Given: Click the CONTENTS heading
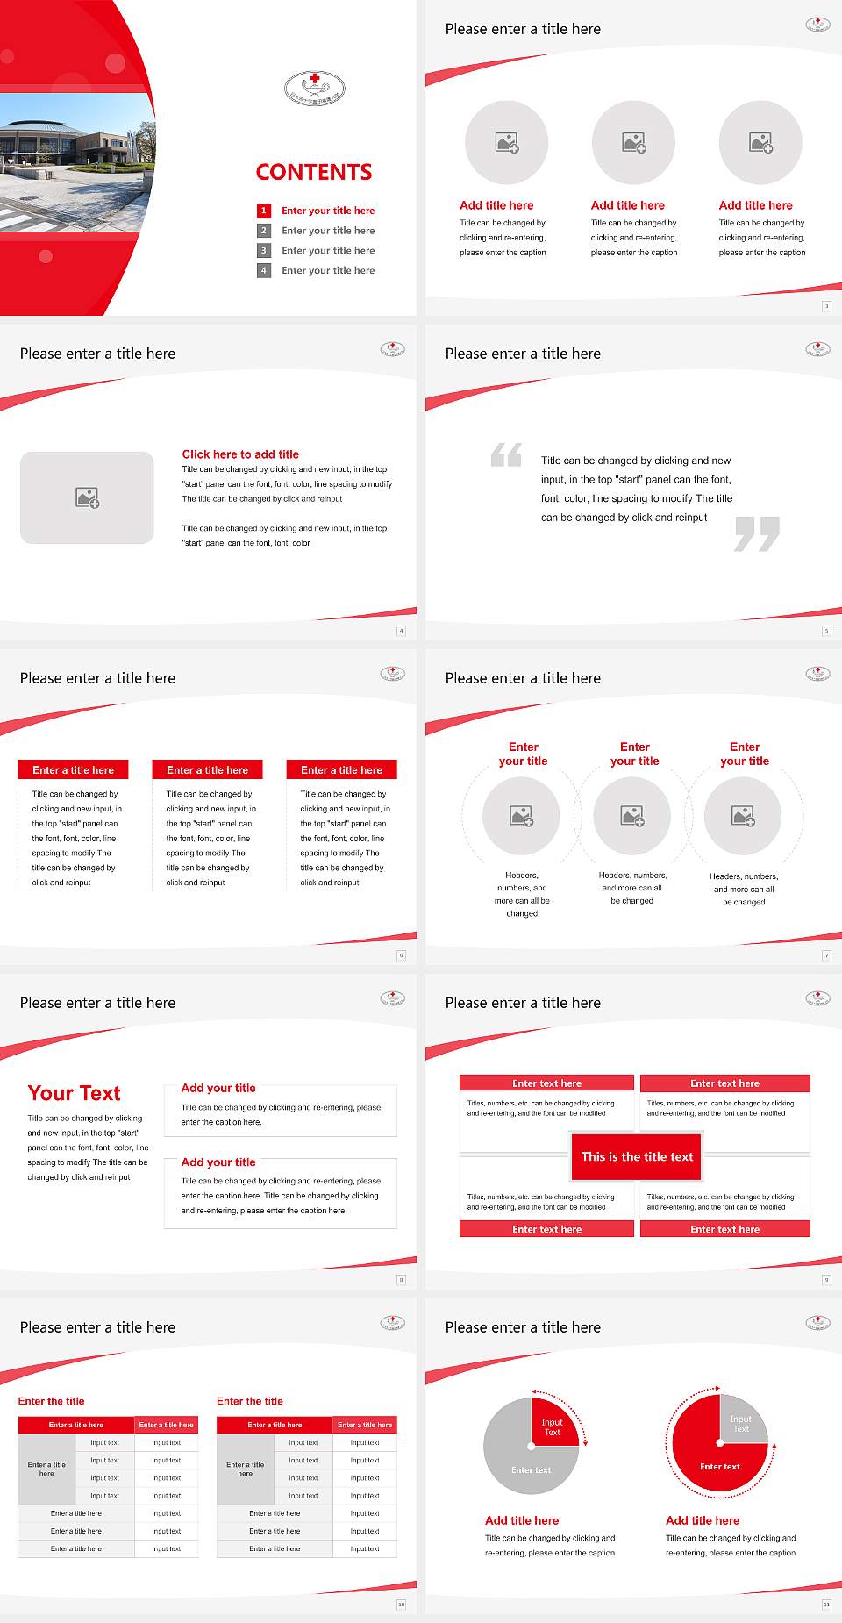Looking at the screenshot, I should pos(314,172).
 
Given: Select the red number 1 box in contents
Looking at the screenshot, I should pos(263,211).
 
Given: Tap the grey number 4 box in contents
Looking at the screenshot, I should pos(263,271).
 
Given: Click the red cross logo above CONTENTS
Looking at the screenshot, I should pos(315,88).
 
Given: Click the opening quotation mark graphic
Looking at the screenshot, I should pos(506,454).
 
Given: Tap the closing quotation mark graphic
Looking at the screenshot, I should pos(757,533).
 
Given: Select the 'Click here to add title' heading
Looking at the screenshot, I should pos(240,454).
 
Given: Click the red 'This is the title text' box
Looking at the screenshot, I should pos(637,1157).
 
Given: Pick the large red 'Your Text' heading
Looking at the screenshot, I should pos(75,1093).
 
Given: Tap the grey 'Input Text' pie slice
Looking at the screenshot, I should pos(742,1422).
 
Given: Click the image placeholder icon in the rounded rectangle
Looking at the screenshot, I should pos(88,498).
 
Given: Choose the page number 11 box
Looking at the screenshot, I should pos(826,1605).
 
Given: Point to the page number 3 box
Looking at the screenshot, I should pos(826,306).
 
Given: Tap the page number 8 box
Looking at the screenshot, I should pos(402,1280).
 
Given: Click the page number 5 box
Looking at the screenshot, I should pos(826,631).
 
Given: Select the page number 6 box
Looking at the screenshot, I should pos(402,955).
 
